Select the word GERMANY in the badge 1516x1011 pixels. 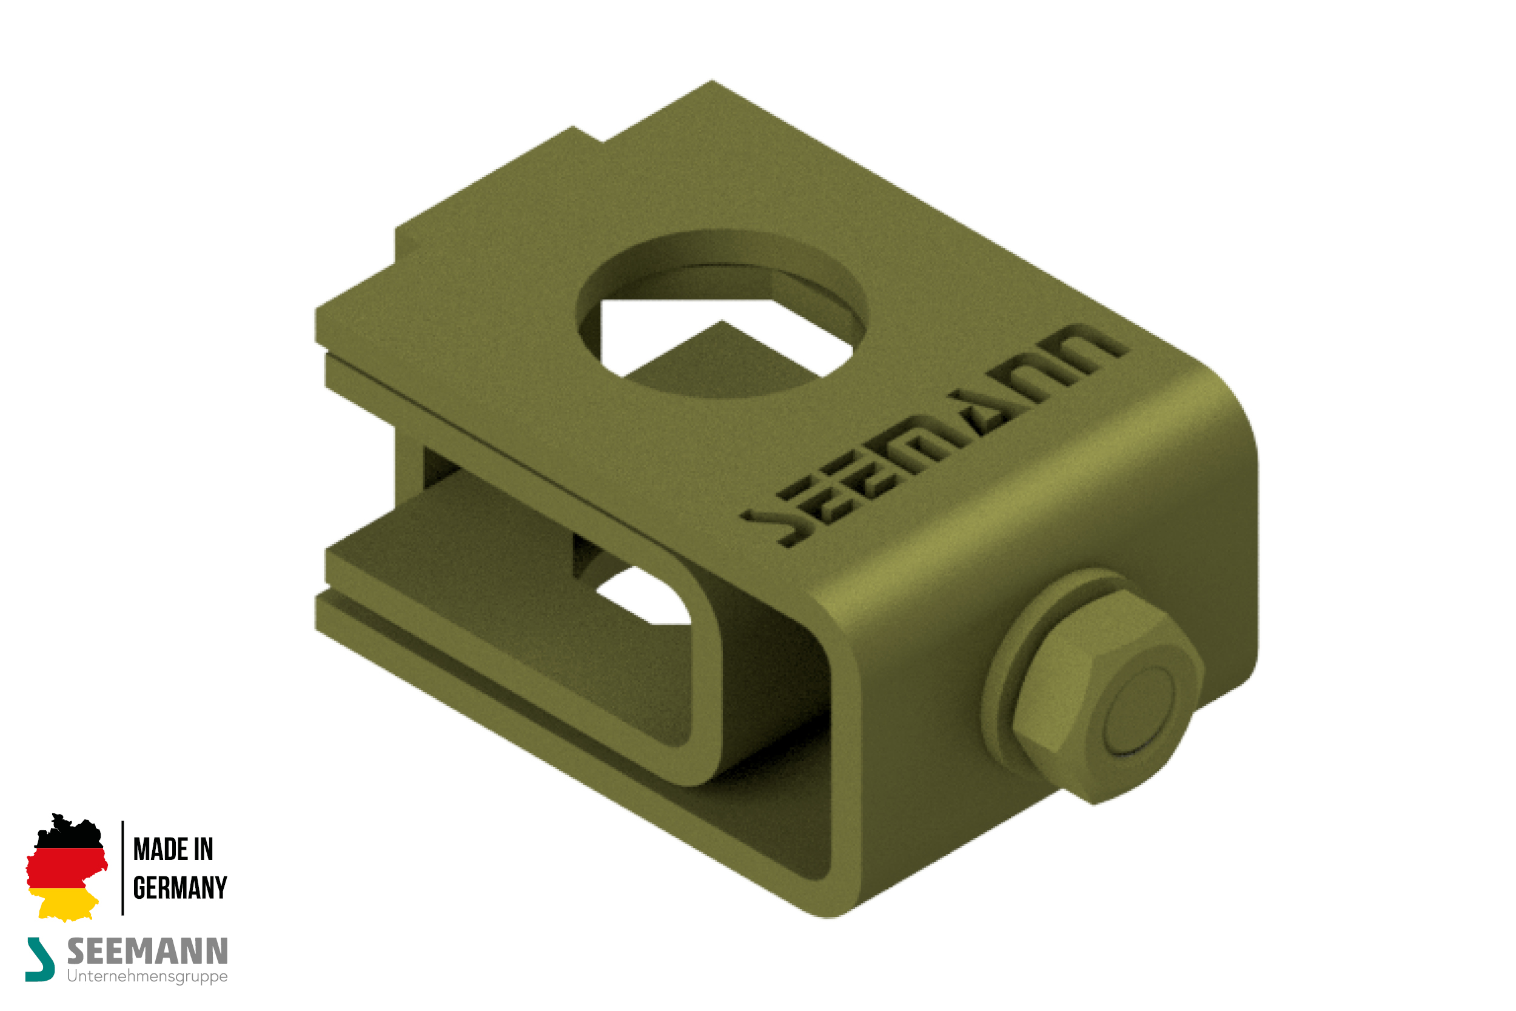pos(180,888)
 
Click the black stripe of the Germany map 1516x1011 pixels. pos(70,831)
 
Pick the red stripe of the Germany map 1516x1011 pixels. pos(65,868)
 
